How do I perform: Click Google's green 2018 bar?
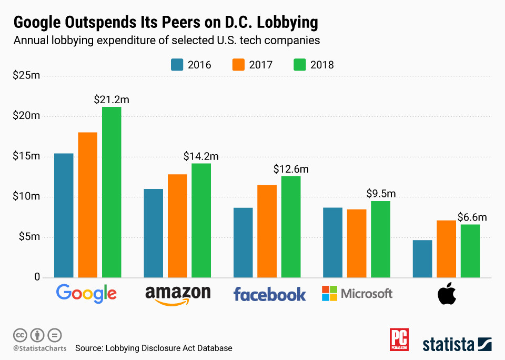[112, 192]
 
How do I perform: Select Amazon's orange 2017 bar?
[177, 226]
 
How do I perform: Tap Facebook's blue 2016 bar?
[243, 243]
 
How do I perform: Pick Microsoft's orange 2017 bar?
[357, 243]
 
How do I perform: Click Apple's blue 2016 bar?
[422, 258]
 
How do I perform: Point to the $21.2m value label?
[112, 99]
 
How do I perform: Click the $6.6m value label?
[472, 217]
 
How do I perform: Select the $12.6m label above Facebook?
[291, 169]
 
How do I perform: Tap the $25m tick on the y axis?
[26, 76]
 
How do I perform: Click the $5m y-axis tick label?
[29, 237]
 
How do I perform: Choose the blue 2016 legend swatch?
[176, 65]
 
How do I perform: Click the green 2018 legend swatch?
[298, 65]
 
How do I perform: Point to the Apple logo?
[447, 294]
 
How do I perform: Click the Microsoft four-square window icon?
[329, 293]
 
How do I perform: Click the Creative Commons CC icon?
[20, 335]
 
